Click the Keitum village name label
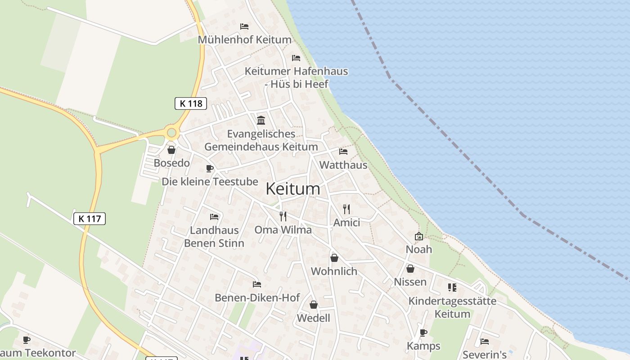[x=293, y=189]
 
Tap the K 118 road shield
[x=191, y=103]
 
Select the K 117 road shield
[x=89, y=219]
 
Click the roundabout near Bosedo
[x=171, y=133]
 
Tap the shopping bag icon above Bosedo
[x=171, y=149]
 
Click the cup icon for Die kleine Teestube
[x=209, y=168]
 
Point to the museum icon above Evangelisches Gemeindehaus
[x=261, y=120]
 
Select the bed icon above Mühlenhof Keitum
[x=244, y=27]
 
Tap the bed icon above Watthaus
[x=343, y=151]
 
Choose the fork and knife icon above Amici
[x=346, y=209]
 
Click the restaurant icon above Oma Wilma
[x=283, y=216]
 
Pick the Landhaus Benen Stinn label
[x=214, y=237]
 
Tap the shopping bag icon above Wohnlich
[x=334, y=257]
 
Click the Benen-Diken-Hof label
[x=257, y=297]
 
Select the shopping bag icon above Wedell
[x=314, y=305]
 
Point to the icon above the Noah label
[x=419, y=236]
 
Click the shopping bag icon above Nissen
[x=410, y=269]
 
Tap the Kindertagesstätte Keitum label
[x=452, y=307]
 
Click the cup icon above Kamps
[x=423, y=333]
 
